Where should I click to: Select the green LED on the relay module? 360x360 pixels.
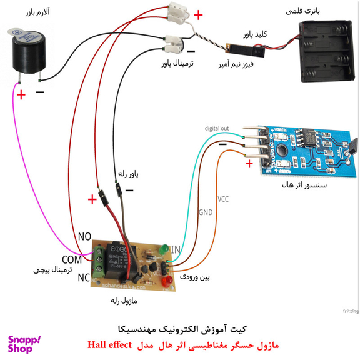tap(164, 250)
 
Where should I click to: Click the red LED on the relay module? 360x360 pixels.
tap(167, 284)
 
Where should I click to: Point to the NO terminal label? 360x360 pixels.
tap(85, 237)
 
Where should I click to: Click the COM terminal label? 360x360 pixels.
tap(72, 259)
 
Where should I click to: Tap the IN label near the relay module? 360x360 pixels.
tap(177, 250)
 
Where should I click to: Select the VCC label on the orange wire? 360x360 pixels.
tap(223, 199)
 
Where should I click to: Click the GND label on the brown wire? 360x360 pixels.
tap(206, 212)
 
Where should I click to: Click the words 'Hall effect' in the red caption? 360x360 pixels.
tap(109, 344)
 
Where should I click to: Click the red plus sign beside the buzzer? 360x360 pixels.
tap(21, 95)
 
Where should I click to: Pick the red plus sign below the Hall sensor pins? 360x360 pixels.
tap(249, 164)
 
